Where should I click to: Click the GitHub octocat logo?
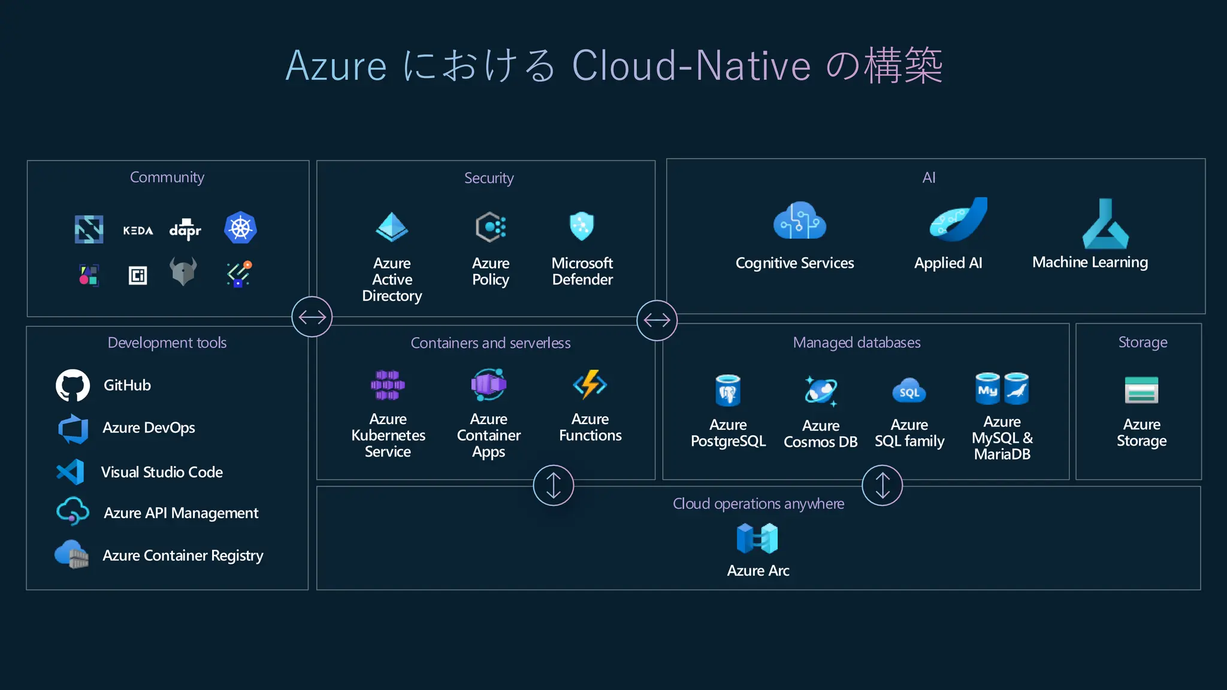pyautogui.click(x=72, y=385)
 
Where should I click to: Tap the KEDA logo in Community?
pyautogui.click(x=138, y=231)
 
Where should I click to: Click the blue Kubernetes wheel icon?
pyautogui.click(x=240, y=228)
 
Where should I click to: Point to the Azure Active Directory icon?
pyautogui.click(x=392, y=228)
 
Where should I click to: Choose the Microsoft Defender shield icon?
pyautogui.click(x=581, y=226)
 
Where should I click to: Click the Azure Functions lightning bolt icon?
pyautogui.click(x=590, y=385)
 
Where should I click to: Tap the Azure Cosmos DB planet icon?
pyautogui.click(x=820, y=391)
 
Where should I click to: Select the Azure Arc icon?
pyautogui.click(x=757, y=538)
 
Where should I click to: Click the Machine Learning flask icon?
pyautogui.click(x=1105, y=225)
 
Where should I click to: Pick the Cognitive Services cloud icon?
pyautogui.click(x=799, y=221)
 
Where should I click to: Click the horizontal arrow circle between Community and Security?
pyautogui.click(x=312, y=317)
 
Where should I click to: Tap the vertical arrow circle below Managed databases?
pyautogui.click(x=882, y=485)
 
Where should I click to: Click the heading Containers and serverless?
pyautogui.click(x=490, y=343)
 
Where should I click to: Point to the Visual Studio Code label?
pyautogui.click(x=162, y=472)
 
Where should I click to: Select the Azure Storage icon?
pyautogui.click(x=1141, y=390)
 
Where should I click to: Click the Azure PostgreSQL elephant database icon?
pyautogui.click(x=728, y=391)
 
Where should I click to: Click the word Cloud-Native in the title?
pyautogui.click(x=691, y=65)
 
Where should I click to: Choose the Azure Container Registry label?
pyautogui.click(x=183, y=556)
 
